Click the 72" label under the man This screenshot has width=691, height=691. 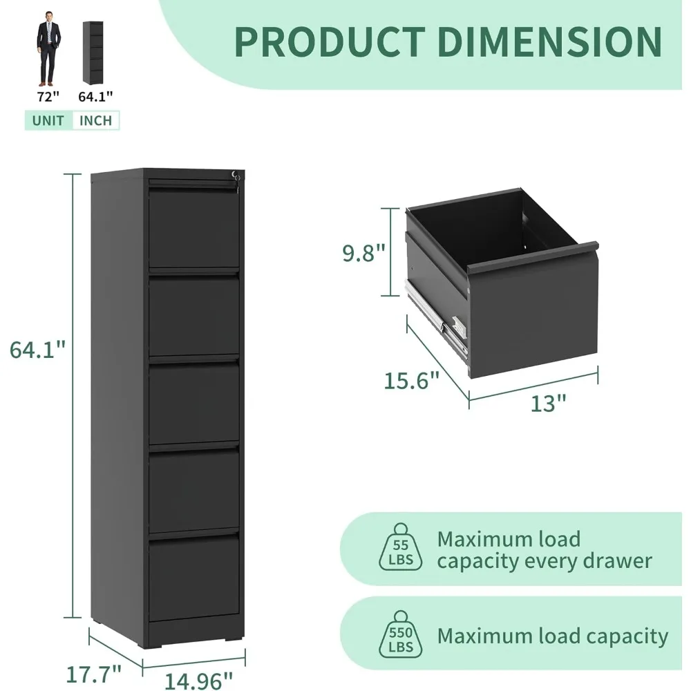(48, 97)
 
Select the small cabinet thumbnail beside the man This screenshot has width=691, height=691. (91, 52)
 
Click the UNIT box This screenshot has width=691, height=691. (48, 120)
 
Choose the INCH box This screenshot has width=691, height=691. (95, 120)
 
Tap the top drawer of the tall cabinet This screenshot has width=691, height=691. (194, 228)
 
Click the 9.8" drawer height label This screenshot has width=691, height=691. (363, 254)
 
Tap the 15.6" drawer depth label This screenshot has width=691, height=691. (412, 380)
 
